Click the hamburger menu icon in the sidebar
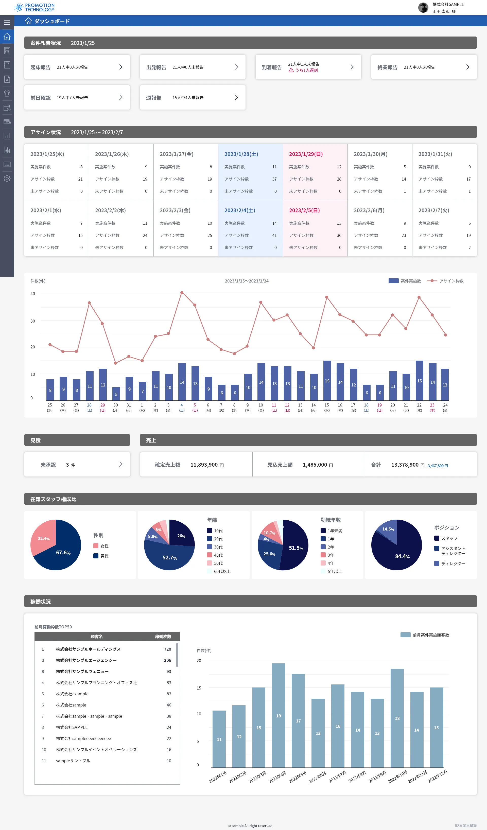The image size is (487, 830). [7, 22]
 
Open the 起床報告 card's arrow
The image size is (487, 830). [120, 67]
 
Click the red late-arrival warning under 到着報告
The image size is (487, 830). [303, 70]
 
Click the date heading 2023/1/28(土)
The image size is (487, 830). [241, 154]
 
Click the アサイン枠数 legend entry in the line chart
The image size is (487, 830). [445, 281]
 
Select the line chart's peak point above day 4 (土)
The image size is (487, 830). [182, 292]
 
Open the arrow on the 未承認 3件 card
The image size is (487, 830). [120, 464]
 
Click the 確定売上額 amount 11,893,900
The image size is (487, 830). [204, 465]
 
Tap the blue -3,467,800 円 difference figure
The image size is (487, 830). [437, 466]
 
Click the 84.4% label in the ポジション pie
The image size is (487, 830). [402, 556]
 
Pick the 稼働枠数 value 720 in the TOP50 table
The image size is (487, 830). [167, 649]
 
